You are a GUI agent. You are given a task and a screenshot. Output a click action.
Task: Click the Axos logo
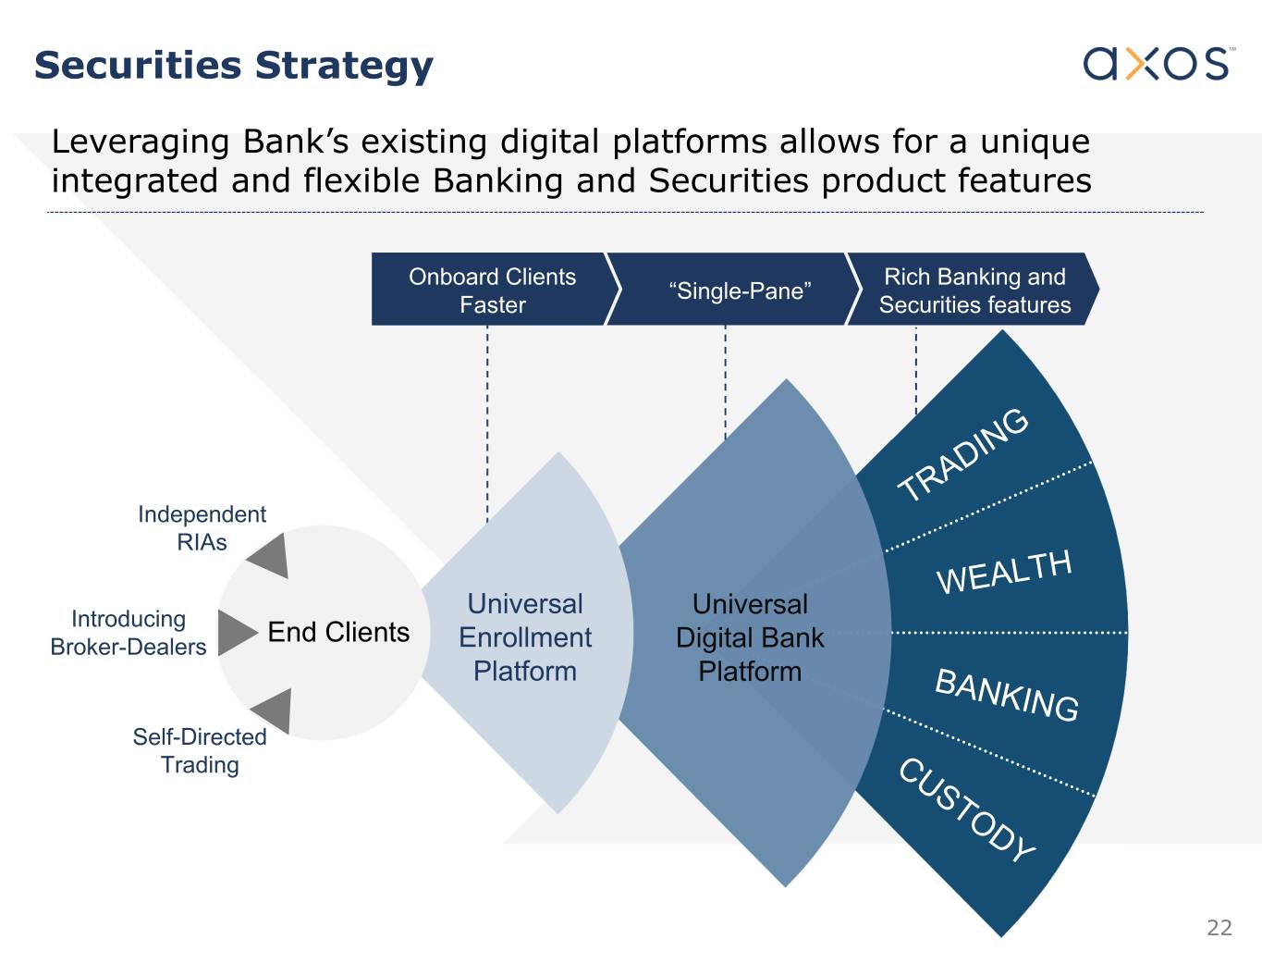tap(1159, 64)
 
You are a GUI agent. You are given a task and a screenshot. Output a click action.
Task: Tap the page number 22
tap(1219, 928)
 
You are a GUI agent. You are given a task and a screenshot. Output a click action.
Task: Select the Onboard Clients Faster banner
tap(493, 290)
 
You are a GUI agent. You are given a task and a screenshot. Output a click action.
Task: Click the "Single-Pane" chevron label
tap(740, 290)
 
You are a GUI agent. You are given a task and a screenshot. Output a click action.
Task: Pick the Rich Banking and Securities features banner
tap(974, 290)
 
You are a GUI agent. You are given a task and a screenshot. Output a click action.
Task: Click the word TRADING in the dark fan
tap(963, 453)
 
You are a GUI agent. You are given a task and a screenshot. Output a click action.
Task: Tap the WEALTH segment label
tap(1004, 573)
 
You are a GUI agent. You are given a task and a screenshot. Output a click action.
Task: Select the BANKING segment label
tap(1007, 695)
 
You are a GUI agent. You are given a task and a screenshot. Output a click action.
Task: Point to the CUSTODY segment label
tap(967, 809)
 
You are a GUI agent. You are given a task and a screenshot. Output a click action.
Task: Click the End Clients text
tap(338, 632)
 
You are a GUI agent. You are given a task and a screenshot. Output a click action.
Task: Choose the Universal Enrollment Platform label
tap(525, 637)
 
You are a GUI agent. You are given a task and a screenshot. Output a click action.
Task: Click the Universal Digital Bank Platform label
tap(750, 637)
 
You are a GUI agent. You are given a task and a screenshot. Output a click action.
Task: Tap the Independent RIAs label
tap(202, 528)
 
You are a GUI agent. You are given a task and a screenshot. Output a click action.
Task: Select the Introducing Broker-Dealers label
tap(129, 633)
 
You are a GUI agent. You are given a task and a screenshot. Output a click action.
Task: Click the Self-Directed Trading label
tap(200, 750)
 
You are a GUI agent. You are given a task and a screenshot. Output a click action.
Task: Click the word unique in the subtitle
tap(1035, 142)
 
